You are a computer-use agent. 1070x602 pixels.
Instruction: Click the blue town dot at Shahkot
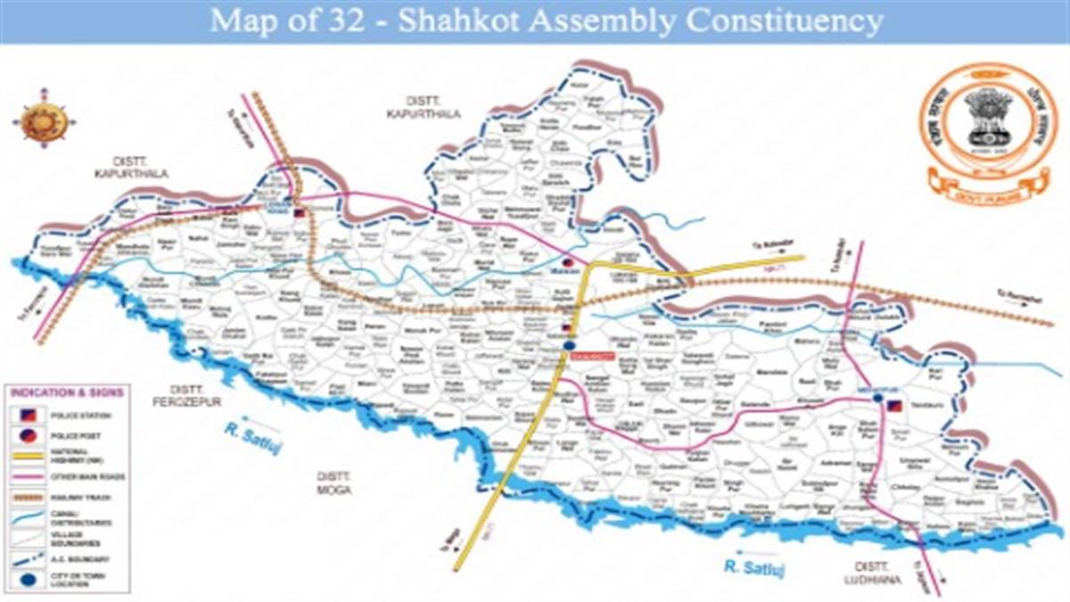pos(568,343)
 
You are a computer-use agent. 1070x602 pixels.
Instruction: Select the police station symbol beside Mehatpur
pos(894,406)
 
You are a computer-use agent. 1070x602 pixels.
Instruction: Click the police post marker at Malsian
pos(566,261)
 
